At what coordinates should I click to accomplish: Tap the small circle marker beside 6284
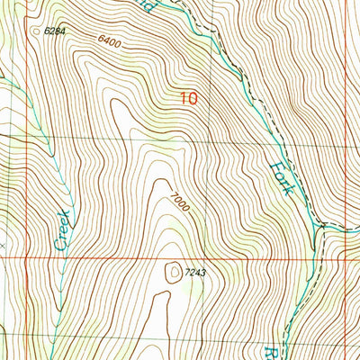click(x=37, y=31)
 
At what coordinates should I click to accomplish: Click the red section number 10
click(x=188, y=101)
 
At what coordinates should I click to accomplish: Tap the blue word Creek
click(x=64, y=230)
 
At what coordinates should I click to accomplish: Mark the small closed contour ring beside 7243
click(x=173, y=268)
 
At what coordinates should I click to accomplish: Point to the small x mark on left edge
click(x=3, y=243)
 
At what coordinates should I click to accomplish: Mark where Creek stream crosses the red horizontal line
click(x=55, y=257)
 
